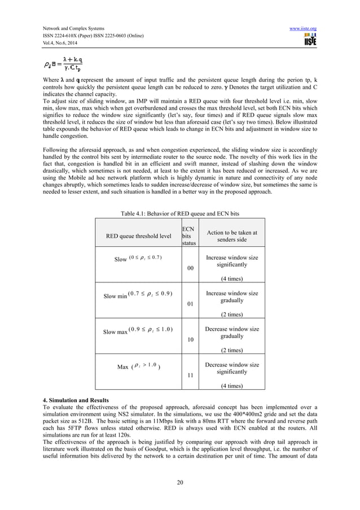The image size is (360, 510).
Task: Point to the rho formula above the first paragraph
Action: (63, 65)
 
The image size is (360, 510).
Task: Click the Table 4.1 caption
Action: (179, 213)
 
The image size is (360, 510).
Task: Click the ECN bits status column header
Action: (187, 236)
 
